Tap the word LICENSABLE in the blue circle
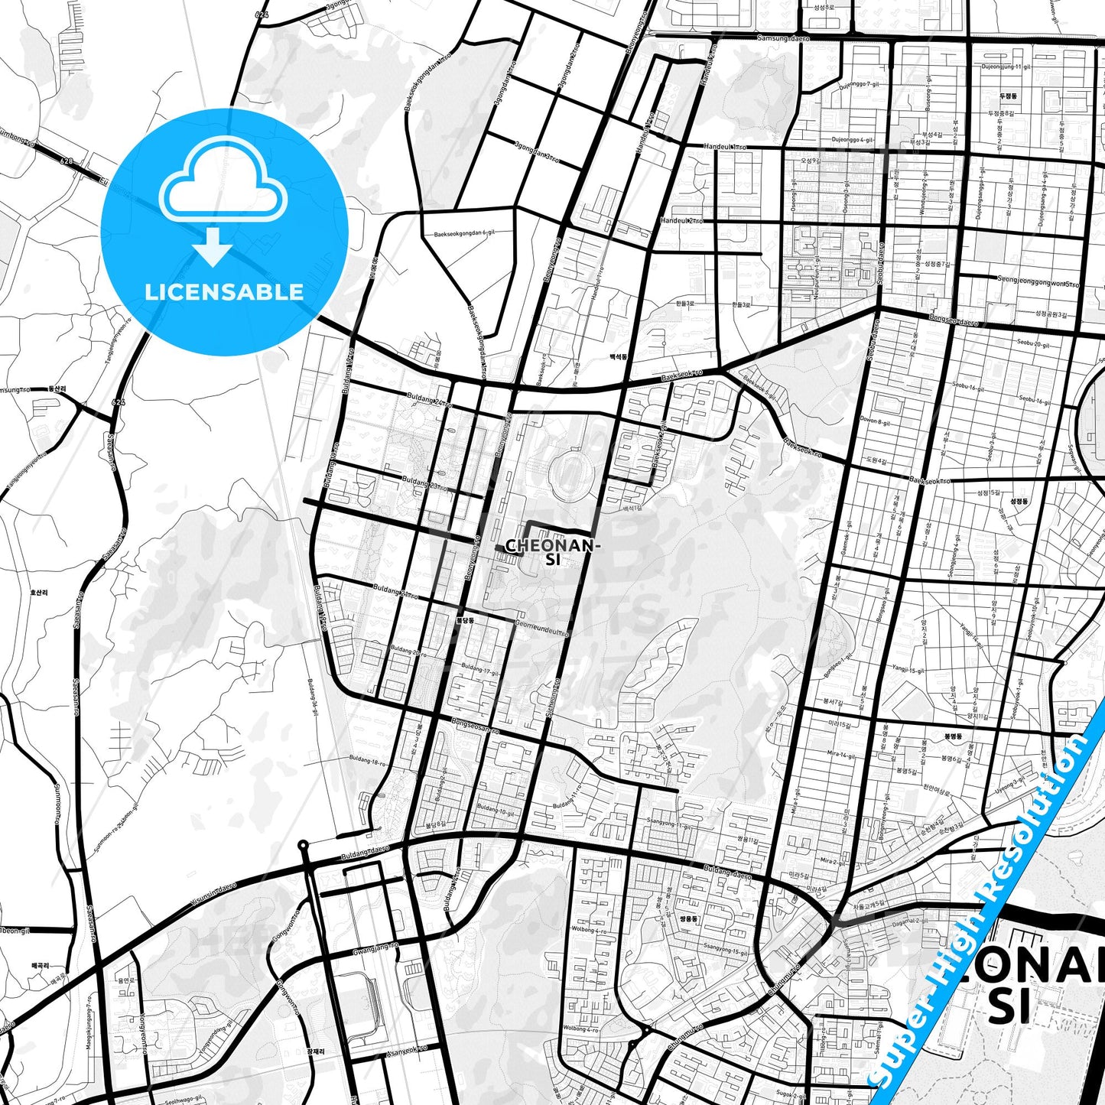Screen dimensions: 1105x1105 point(224,291)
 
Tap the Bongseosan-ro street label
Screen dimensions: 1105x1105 point(476,725)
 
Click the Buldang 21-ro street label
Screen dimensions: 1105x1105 point(395,592)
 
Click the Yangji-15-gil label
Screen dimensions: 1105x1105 point(908,668)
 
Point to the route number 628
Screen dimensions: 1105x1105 point(67,161)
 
